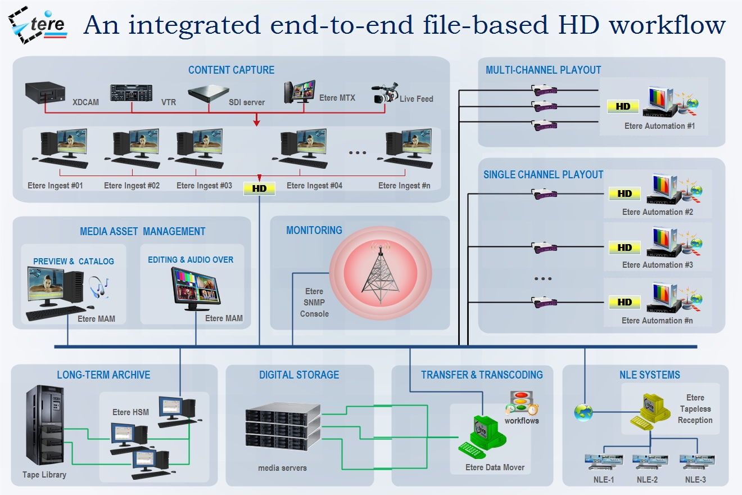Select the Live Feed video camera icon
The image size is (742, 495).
click(x=384, y=95)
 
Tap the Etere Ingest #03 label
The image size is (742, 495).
click(x=204, y=186)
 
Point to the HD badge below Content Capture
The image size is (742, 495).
click(x=259, y=188)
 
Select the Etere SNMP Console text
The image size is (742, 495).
click(x=314, y=303)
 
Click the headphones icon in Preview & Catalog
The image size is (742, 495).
click(x=99, y=287)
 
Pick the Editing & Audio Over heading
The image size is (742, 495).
click(x=191, y=260)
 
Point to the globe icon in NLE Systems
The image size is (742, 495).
click(x=583, y=412)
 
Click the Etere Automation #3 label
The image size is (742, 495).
click(x=657, y=265)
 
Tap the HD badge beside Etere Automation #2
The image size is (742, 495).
click(x=625, y=193)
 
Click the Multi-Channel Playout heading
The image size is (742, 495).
click(x=543, y=70)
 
